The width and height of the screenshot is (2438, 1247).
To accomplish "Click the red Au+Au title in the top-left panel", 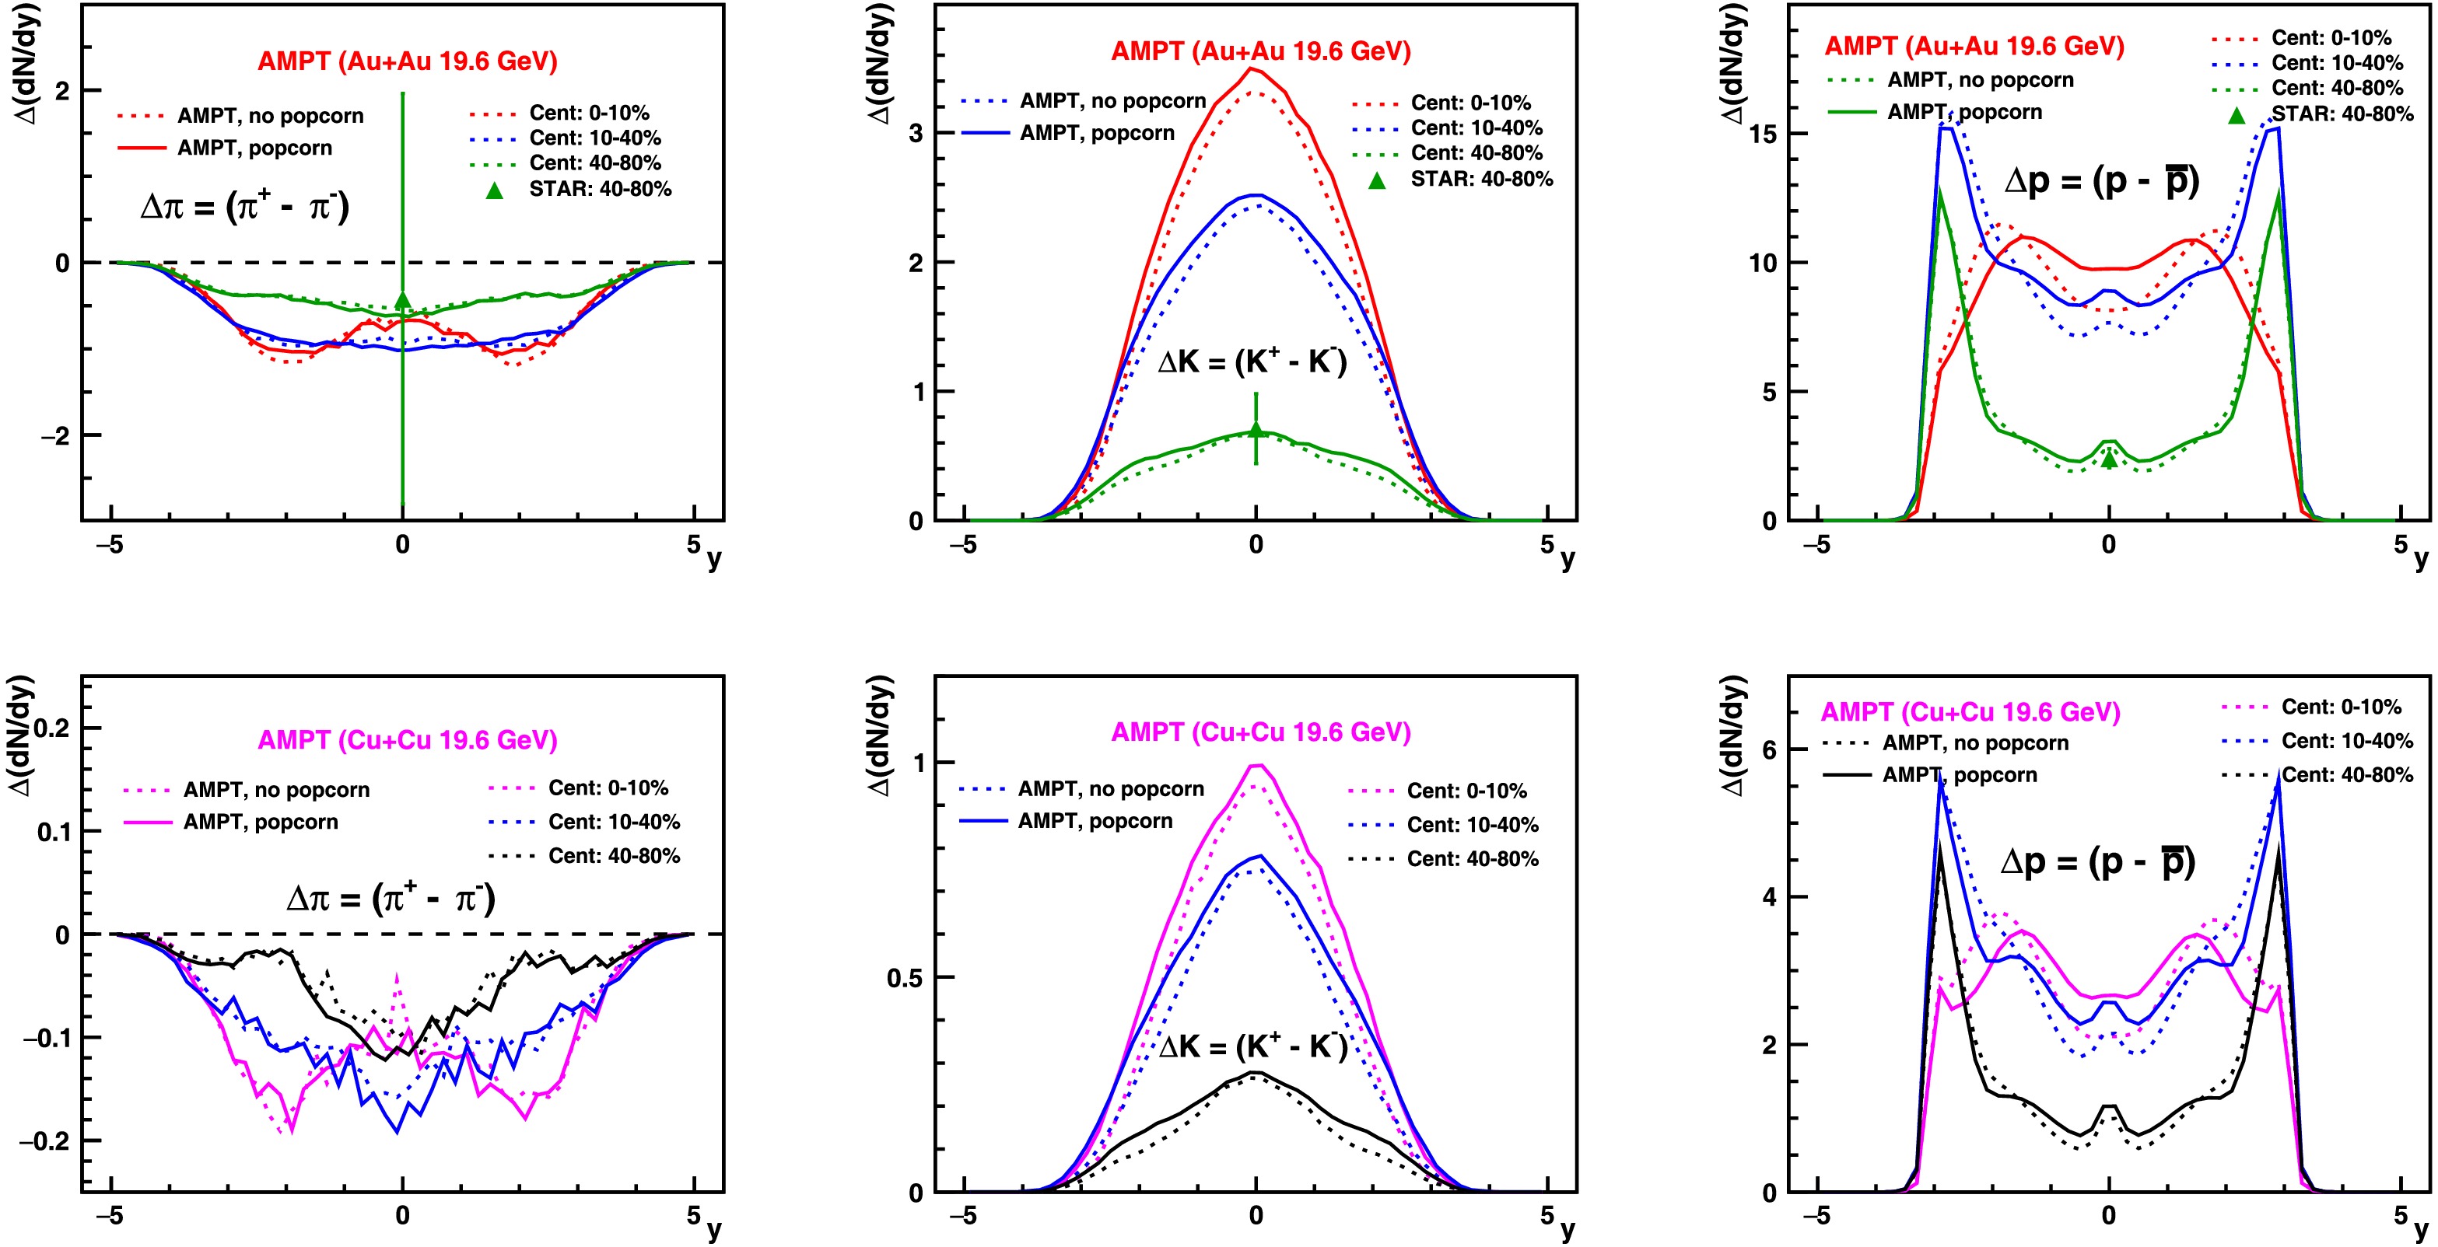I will [x=407, y=61].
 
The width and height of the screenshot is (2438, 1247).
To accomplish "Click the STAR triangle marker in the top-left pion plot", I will [x=402, y=300].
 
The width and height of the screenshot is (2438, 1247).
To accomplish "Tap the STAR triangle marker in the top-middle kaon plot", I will [x=1256, y=430].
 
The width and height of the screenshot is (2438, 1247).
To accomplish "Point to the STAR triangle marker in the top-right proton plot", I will [x=2109, y=459].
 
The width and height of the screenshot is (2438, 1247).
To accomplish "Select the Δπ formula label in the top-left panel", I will [x=244, y=205].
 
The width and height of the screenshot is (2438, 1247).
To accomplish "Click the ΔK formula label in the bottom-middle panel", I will [x=1253, y=1046].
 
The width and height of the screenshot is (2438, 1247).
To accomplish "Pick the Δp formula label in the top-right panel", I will [x=2101, y=180].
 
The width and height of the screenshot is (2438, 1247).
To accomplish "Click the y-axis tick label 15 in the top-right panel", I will [x=1762, y=134].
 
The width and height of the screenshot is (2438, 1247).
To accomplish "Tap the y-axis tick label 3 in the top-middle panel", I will [x=915, y=134].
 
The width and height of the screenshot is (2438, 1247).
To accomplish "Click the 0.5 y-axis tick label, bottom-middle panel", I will [x=905, y=978].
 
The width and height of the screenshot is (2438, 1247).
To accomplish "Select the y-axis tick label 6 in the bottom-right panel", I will [x=1769, y=749].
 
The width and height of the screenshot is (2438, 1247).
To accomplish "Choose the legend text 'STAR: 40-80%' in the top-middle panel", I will [x=1481, y=179].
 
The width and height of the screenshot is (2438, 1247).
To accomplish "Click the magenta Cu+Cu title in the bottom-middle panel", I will [x=1261, y=732].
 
